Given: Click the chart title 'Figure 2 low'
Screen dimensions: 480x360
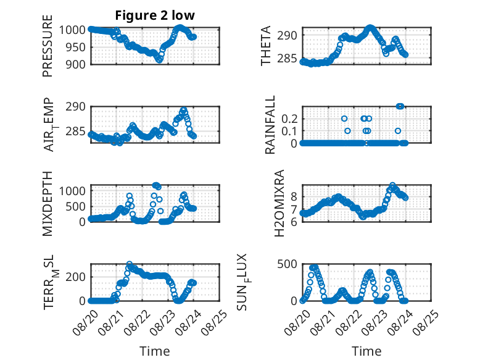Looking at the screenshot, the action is [x=155, y=15].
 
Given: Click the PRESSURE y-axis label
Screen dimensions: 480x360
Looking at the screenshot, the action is [x=48, y=46].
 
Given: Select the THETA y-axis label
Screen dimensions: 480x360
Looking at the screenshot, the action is [x=266, y=46].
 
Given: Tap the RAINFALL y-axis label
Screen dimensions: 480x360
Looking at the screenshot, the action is [x=270, y=125].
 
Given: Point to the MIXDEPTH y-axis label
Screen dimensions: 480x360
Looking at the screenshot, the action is [x=48, y=204].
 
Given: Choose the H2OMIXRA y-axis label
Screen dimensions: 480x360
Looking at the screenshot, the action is [x=279, y=203].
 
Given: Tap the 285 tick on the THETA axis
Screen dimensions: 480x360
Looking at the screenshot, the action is [x=287, y=58].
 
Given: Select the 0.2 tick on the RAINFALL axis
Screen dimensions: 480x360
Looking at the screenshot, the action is [x=289, y=119].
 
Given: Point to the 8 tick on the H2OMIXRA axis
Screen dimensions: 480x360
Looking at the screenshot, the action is [x=294, y=196].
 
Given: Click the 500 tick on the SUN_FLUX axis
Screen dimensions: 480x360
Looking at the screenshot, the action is [x=287, y=264].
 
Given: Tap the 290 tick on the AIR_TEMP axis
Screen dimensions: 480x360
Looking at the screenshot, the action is [x=76, y=107].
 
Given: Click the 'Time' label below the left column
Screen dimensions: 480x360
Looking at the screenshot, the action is [x=155, y=351].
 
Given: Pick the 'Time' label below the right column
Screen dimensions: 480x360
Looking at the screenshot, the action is [x=366, y=351].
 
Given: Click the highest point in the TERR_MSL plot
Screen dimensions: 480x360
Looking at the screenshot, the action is [x=130, y=264].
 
